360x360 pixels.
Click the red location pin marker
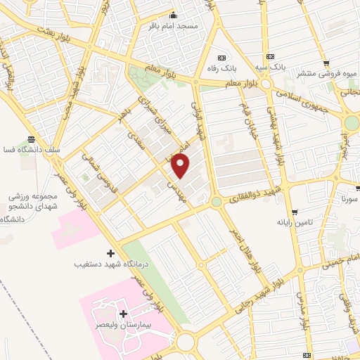[181, 166]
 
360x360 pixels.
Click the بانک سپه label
[270, 67]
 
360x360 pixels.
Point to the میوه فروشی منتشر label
[328, 72]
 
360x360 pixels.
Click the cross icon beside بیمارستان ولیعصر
[124, 314]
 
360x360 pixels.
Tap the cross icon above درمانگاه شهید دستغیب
[110, 252]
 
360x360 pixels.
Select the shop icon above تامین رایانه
[295, 210]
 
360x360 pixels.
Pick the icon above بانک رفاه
[222, 58]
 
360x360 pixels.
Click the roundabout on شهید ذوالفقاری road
[216, 202]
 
